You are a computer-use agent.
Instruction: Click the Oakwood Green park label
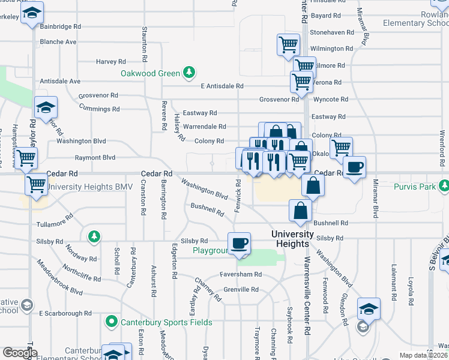click(150, 73)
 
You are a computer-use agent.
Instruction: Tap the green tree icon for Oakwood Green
click(190, 73)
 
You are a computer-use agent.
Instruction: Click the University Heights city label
click(292, 239)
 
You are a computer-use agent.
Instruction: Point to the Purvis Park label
click(414, 187)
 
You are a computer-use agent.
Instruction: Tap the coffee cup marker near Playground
click(240, 243)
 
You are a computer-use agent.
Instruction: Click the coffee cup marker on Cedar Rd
click(354, 166)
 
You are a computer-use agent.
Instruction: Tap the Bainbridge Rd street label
click(60, 26)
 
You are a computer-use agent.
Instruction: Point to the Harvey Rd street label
click(110, 61)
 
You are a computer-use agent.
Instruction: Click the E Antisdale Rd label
click(222, 86)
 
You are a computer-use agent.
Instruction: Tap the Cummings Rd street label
click(99, 109)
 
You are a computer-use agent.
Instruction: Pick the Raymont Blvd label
click(95, 158)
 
